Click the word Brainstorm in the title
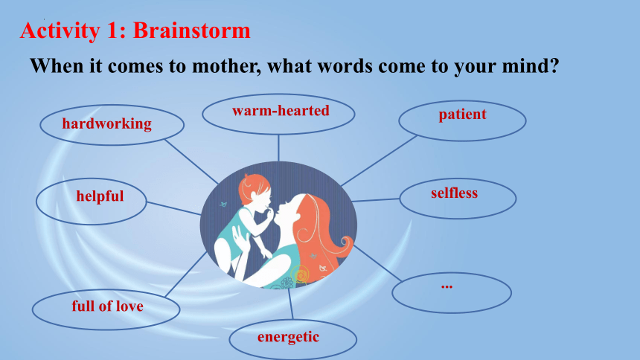(x=192, y=30)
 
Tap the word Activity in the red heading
(x=60, y=31)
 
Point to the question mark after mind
(x=554, y=65)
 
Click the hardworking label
(x=107, y=124)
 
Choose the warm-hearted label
(x=281, y=111)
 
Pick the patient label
(x=462, y=115)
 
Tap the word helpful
(x=100, y=196)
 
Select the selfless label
(x=454, y=193)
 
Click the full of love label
(x=108, y=306)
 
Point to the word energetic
(x=288, y=338)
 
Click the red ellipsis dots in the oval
(x=447, y=287)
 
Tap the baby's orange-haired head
(x=255, y=190)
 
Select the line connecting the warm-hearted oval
(x=279, y=148)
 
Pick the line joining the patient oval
(x=379, y=161)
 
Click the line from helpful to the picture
(x=173, y=208)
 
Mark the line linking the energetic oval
(x=291, y=303)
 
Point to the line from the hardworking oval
(x=191, y=161)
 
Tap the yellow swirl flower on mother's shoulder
(x=301, y=274)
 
